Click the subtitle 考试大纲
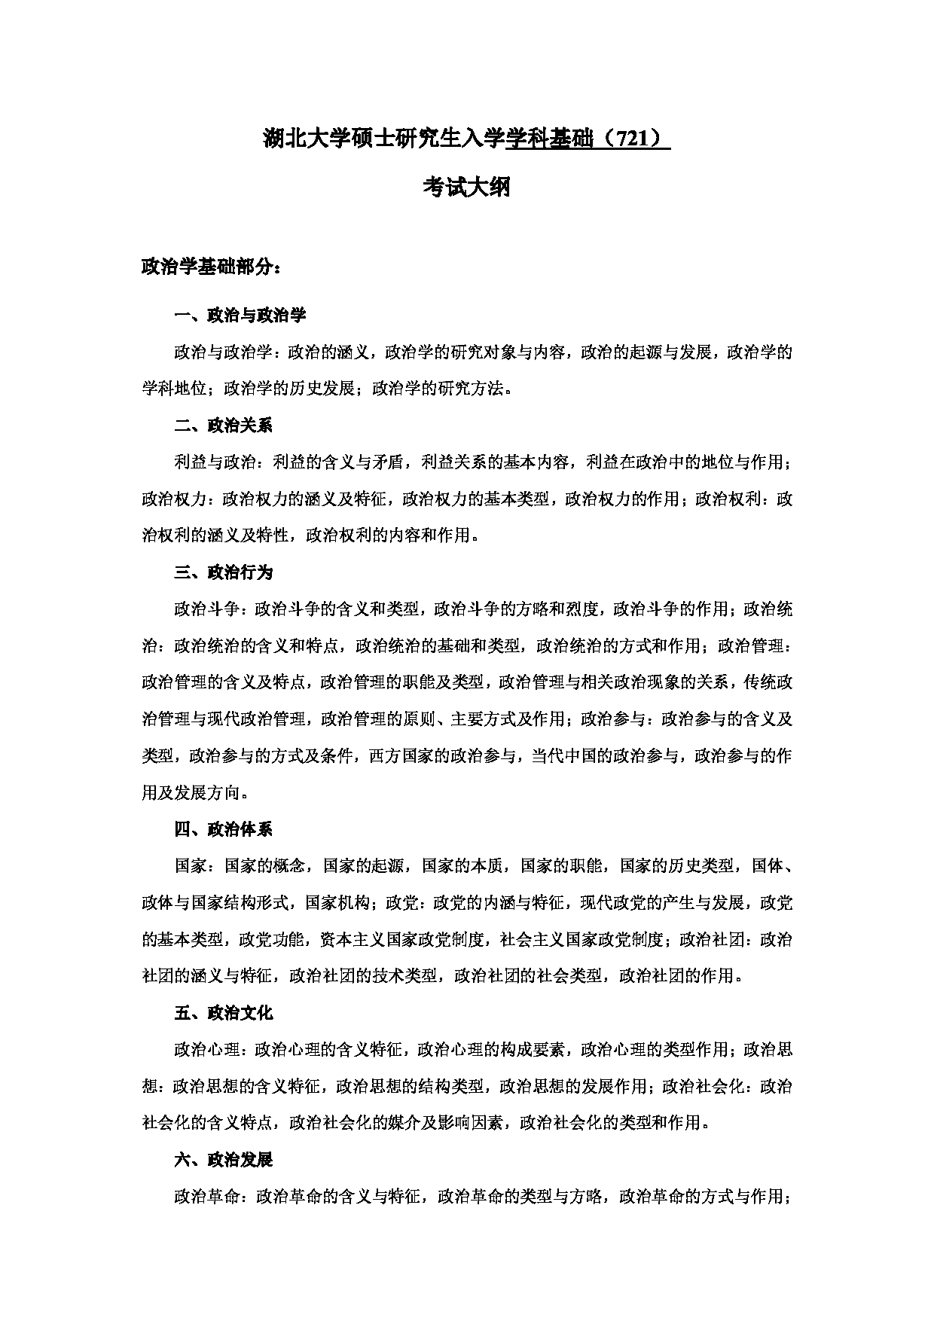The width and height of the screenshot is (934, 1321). click(x=466, y=187)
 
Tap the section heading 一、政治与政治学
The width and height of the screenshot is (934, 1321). click(x=240, y=315)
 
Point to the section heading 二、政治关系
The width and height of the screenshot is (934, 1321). click(x=223, y=426)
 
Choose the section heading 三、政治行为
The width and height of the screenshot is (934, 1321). click(x=223, y=572)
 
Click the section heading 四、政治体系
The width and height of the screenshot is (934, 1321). click(x=223, y=829)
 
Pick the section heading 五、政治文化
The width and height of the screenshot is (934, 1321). click(x=223, y=1013)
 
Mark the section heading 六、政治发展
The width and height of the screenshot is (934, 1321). click(x=223, y=1160)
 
